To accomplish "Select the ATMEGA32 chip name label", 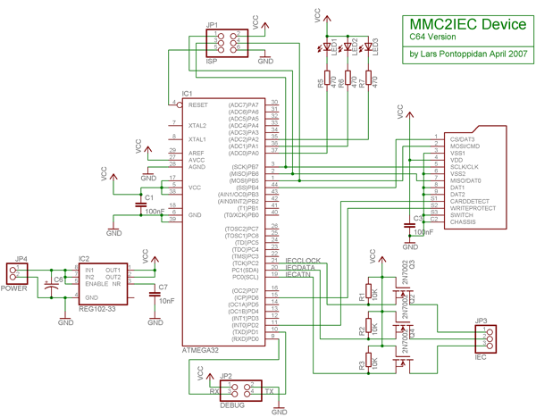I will click(x=201, y=349).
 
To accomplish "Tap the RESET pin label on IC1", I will click(x=198, y=105).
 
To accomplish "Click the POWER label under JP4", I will click(x=15, y=288).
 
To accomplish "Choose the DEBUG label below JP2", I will click(x=231, y=404).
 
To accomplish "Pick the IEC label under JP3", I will click(x=480, y=358).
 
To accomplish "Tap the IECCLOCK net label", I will click(x=303, y=261).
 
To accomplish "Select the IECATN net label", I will click(x=298, y=275).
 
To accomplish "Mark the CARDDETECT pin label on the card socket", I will click(x=471, y=201).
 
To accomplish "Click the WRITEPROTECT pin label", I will click(x=473, y=208).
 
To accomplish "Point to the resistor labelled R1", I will click(x=364, y=293).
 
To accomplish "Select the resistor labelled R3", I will click(x=364, y=364).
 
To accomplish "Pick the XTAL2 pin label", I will click(x=197, y=126).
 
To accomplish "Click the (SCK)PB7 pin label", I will click(x=244, y=167).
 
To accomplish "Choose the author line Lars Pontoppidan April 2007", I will click(x=468, y=54).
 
